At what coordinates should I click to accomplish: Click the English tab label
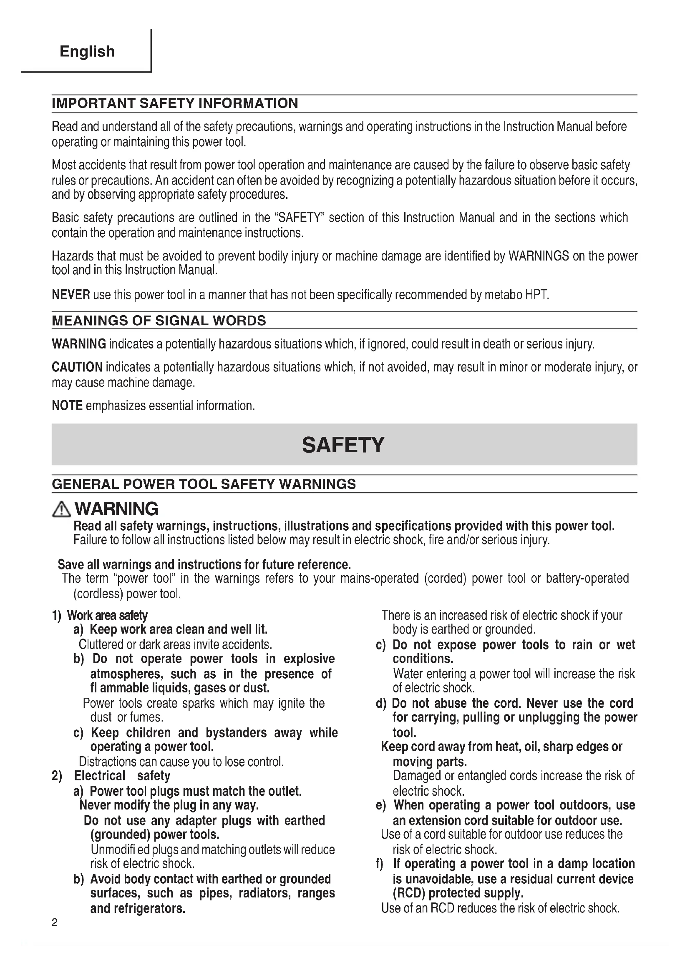(x=87, y=51)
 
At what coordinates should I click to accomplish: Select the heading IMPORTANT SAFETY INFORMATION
(x=175, y=103)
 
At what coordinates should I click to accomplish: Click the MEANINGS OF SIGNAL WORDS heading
(x=159, y=320)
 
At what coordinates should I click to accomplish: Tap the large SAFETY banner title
(x=343, y=445)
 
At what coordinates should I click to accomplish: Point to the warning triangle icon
(x=61, y=509)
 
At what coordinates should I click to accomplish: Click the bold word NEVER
(x=71, y=294)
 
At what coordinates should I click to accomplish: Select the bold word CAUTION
(x=77, y=367)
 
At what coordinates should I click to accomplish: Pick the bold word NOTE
(x=67, y=406)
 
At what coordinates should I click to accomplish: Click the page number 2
(x=54, y=922)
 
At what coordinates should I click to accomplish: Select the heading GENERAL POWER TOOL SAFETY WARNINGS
(x=204, y=484)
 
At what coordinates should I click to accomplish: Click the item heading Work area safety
(x=107, y=615)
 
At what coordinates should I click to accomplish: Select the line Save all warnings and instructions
(x=204, y=564)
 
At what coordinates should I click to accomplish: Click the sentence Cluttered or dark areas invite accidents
(x=175, y=644)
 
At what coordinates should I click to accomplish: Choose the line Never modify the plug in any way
(x=169, y=805)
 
